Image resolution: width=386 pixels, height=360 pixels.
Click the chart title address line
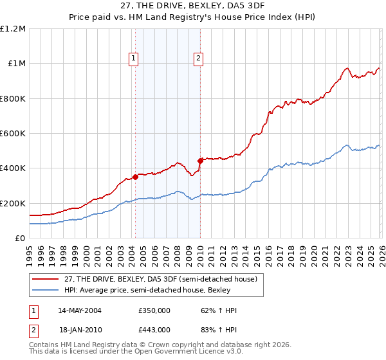193,6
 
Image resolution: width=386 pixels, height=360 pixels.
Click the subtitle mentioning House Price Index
193,17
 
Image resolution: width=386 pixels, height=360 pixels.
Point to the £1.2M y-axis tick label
13,29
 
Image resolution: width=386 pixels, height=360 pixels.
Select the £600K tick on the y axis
13,134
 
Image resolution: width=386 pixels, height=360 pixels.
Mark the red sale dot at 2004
135,177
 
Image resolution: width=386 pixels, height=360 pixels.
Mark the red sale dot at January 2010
200,161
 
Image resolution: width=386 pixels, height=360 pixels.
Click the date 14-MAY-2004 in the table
80,310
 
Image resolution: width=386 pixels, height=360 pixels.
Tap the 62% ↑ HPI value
219,310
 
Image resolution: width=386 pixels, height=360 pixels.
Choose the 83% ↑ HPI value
219,329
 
